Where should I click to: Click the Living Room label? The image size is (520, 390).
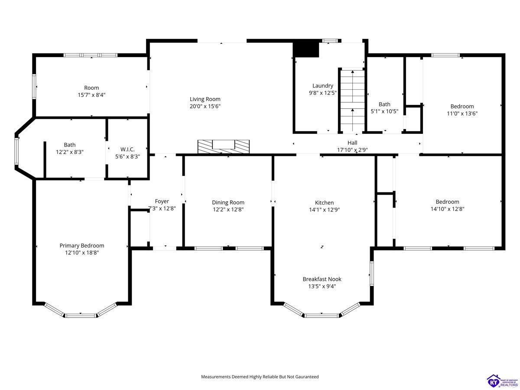click(x=205, y=99)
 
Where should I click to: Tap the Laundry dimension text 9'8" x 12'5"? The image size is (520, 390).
click(x=322, y=93)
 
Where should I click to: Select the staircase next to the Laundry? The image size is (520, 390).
click(x=352, y=100)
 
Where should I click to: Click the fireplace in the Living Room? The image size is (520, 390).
click(x=224, y=146)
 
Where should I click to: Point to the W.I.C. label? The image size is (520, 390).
click(x=127, y=149)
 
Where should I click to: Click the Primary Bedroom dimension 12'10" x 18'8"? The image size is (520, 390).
click(x=82, y=253)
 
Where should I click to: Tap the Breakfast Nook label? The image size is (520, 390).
click(x=322, y=279)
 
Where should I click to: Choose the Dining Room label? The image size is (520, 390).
click(x=228, y=202)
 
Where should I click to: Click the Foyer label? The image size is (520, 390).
click(x=162, y=201)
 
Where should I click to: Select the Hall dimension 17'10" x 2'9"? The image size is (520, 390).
click(x=352, y=150)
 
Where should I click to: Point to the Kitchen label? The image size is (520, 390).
click(x=324, y=203)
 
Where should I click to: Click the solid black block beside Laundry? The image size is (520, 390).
click(x=306, y=49)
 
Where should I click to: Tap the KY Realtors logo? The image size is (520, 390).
click(x=503, y=381)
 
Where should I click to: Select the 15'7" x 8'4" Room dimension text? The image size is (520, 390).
click(x=91, y=95)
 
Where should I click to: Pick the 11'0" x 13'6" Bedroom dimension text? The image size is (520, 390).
click(x=462, y=114)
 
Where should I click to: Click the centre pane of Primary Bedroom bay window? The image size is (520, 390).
click(x=81, y=315)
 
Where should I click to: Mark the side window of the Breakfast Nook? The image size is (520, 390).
click(x=371, y=273)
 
